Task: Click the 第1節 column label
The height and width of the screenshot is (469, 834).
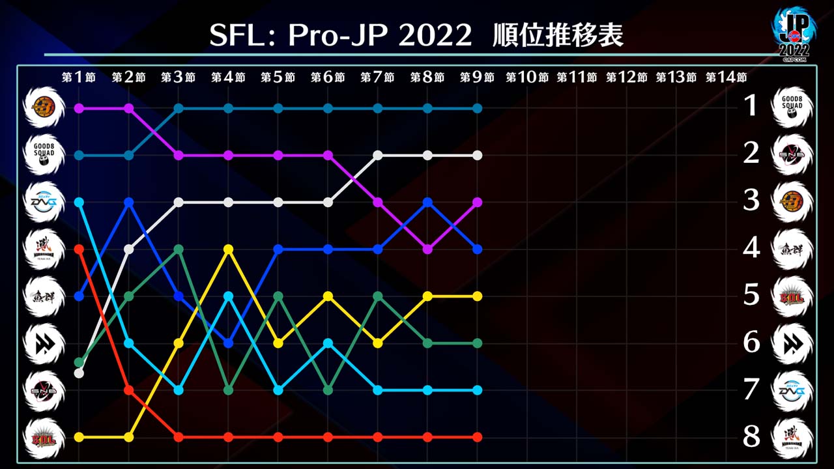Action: (x=79, y=77)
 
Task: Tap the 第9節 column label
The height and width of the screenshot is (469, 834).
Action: (x=477, y=77)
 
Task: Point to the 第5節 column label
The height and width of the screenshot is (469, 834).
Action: (x=278, y=77)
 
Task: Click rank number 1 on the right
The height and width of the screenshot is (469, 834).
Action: (x=751, y=106)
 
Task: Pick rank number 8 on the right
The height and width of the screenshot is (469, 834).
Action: (x=751, y=436)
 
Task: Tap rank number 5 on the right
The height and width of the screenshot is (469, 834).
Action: (x=751, y=295)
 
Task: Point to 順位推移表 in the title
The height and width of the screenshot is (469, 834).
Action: (x=558, y=36)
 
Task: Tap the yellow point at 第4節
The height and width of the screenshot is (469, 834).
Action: (x=228, y=249)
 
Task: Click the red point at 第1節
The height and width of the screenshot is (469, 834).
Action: (x=79, y=249)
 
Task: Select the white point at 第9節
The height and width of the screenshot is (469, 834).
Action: (x=477, y=155)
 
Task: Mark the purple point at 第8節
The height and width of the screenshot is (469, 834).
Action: (x=427, y=249)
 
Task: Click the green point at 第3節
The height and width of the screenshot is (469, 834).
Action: (x=179, y=249)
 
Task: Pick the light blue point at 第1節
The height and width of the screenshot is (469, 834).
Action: (x=79, y=202)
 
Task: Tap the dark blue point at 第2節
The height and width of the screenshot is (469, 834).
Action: (x=129, y=202)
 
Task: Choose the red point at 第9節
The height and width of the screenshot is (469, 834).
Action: (x=477, y=436)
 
